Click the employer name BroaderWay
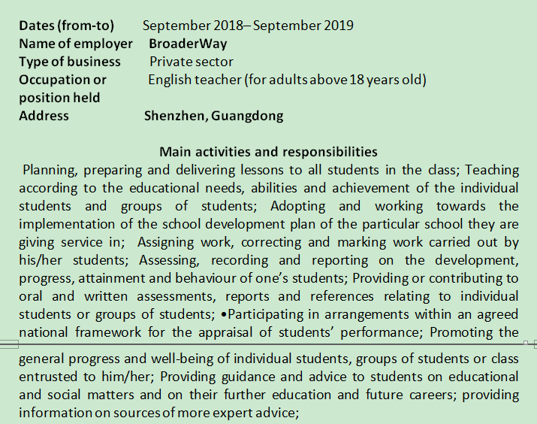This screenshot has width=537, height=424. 188,44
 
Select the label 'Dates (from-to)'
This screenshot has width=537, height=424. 66,26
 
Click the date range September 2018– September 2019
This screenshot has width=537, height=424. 248,26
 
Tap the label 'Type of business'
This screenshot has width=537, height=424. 69,62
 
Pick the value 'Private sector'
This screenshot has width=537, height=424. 191,62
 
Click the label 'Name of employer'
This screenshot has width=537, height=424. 75,44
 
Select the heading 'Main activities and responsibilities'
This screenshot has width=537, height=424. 268,152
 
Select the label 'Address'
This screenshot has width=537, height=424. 44,116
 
